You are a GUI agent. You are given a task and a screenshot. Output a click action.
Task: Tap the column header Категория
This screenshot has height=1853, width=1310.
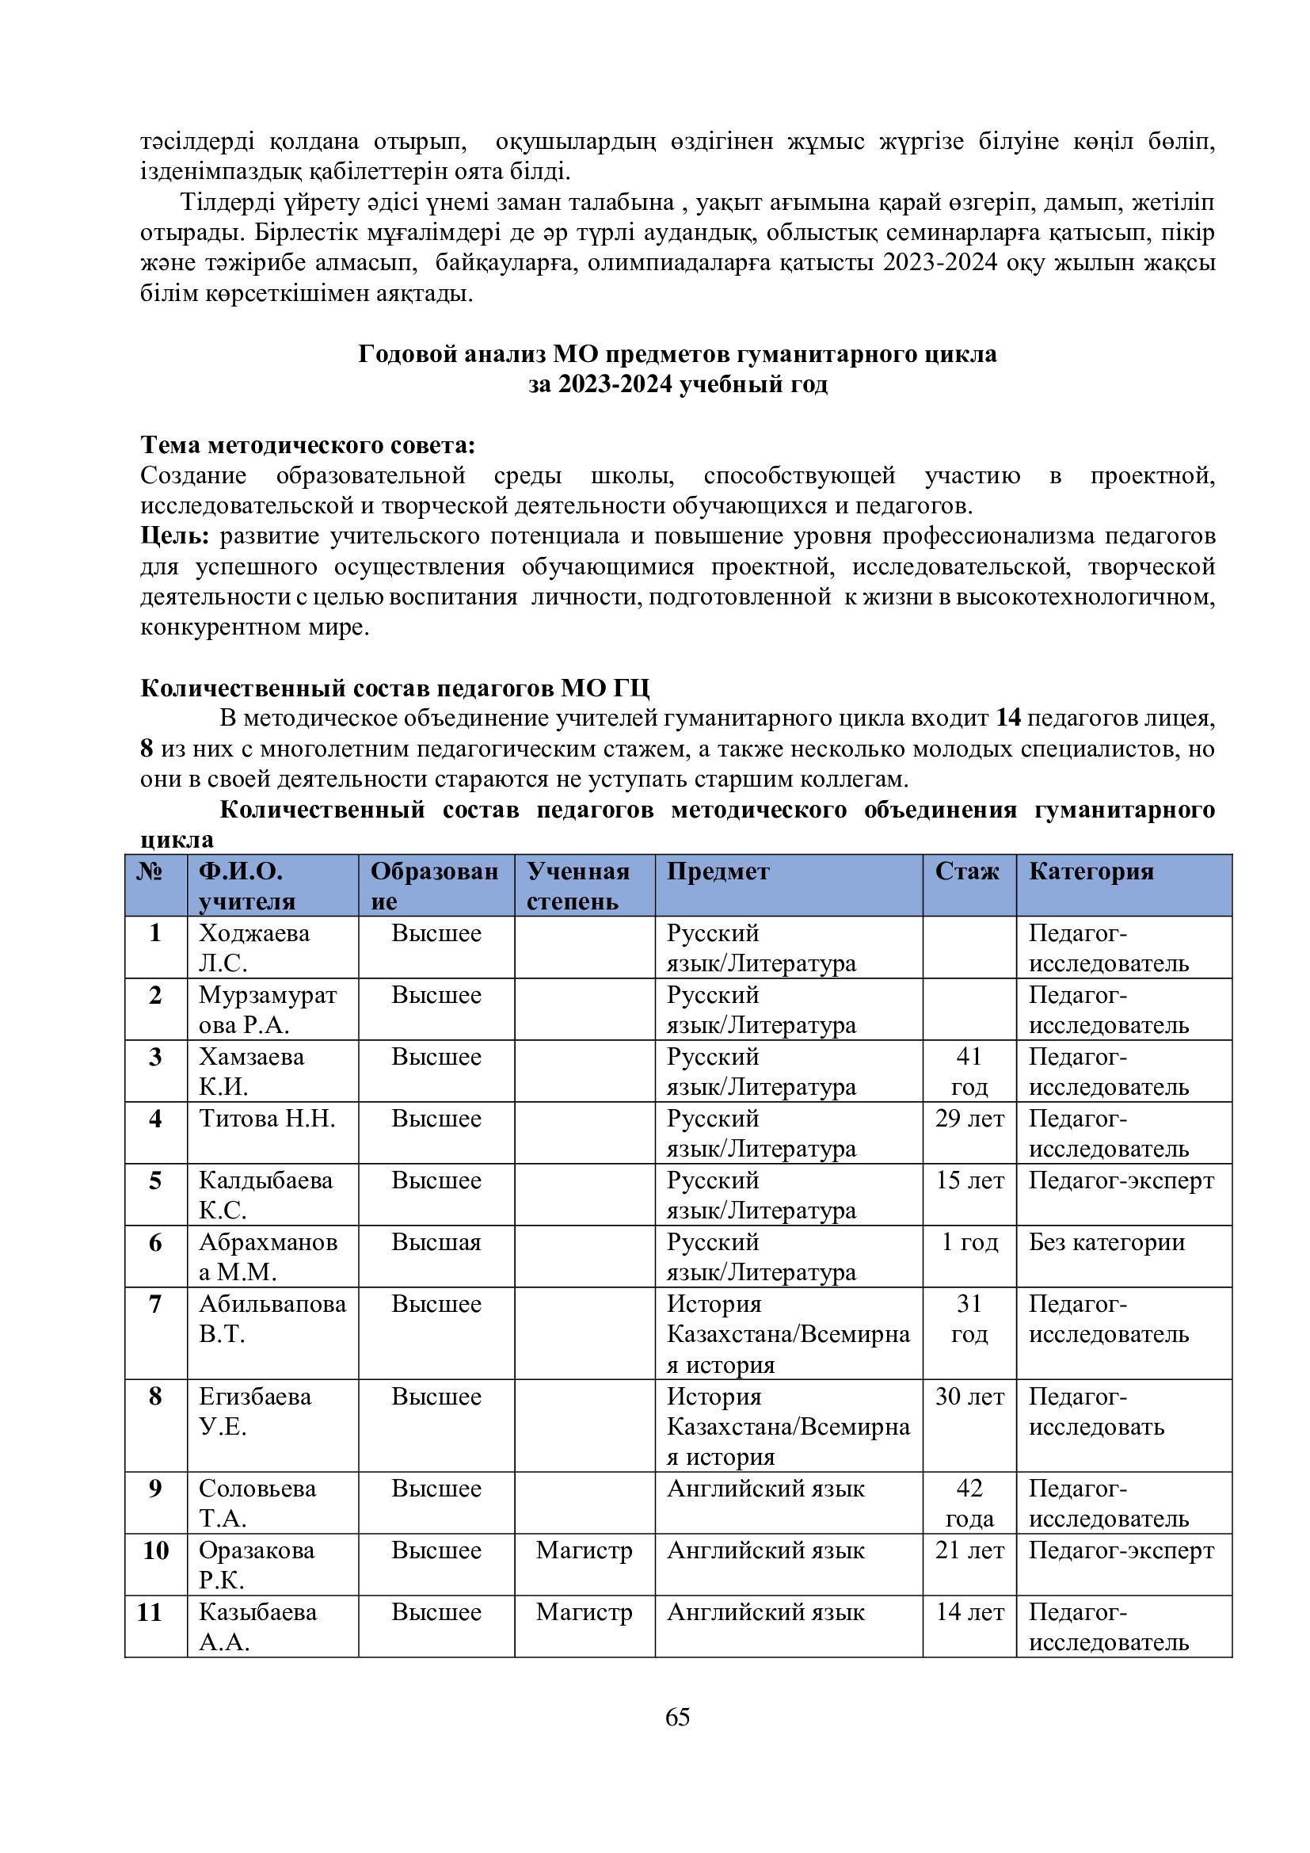coord(1091,871)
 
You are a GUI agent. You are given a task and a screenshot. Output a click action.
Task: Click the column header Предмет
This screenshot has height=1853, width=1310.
coord(718,871)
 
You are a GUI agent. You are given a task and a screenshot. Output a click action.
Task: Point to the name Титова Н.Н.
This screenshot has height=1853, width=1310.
coord(267,1119)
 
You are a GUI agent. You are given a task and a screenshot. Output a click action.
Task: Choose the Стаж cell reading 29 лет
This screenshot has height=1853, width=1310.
coord(969,1119)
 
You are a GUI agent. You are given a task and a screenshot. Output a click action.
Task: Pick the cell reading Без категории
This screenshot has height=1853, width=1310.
coord(1106,1242)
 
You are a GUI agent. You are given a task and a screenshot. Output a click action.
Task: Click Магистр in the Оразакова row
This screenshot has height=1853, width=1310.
coord(584,1550)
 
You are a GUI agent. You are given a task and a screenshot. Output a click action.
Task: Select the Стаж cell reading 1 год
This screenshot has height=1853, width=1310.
coord(969,1242)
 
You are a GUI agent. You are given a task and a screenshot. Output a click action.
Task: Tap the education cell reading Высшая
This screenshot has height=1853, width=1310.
coord(436,1242)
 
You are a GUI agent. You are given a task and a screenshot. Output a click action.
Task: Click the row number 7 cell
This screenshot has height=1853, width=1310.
coord(156,1304)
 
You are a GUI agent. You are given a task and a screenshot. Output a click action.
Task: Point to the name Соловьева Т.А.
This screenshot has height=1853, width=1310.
coord(257,1504)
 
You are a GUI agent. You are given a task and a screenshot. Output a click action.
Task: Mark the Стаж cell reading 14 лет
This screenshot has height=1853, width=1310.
coord(969,1612)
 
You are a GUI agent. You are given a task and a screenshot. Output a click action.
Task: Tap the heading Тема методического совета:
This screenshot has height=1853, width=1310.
coord(307,444)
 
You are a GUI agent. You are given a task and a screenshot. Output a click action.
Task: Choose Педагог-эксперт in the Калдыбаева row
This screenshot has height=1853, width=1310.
coord(1121,1180)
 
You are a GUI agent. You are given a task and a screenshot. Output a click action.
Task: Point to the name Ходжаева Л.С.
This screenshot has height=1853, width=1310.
coord(254,948)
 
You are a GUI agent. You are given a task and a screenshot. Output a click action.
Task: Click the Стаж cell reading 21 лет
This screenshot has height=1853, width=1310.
coord(969,1550)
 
